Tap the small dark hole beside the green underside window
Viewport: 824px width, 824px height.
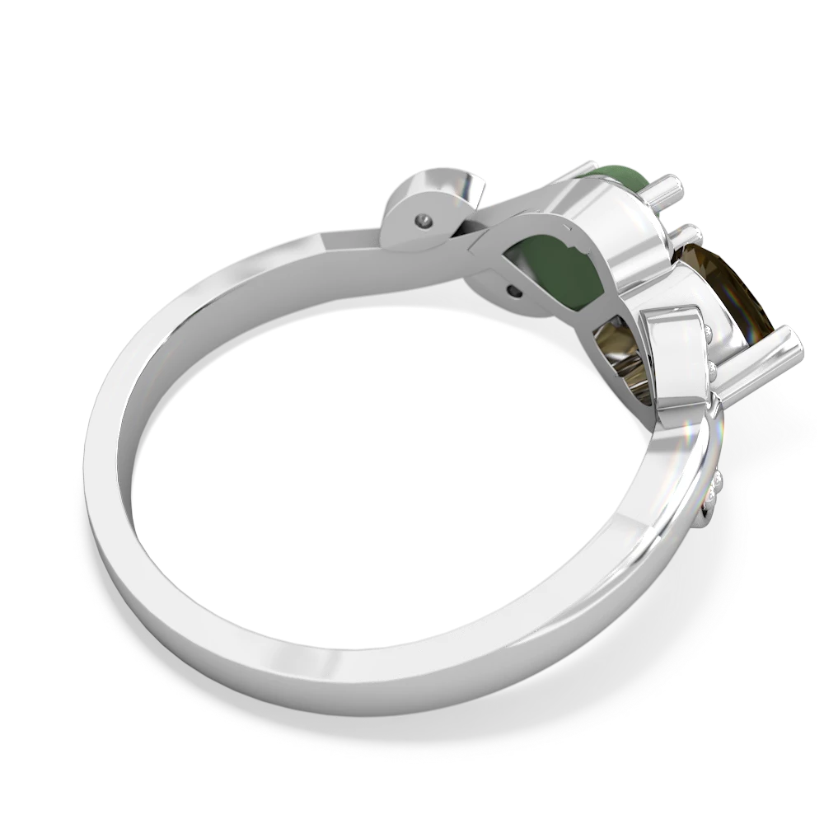point(514,289)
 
